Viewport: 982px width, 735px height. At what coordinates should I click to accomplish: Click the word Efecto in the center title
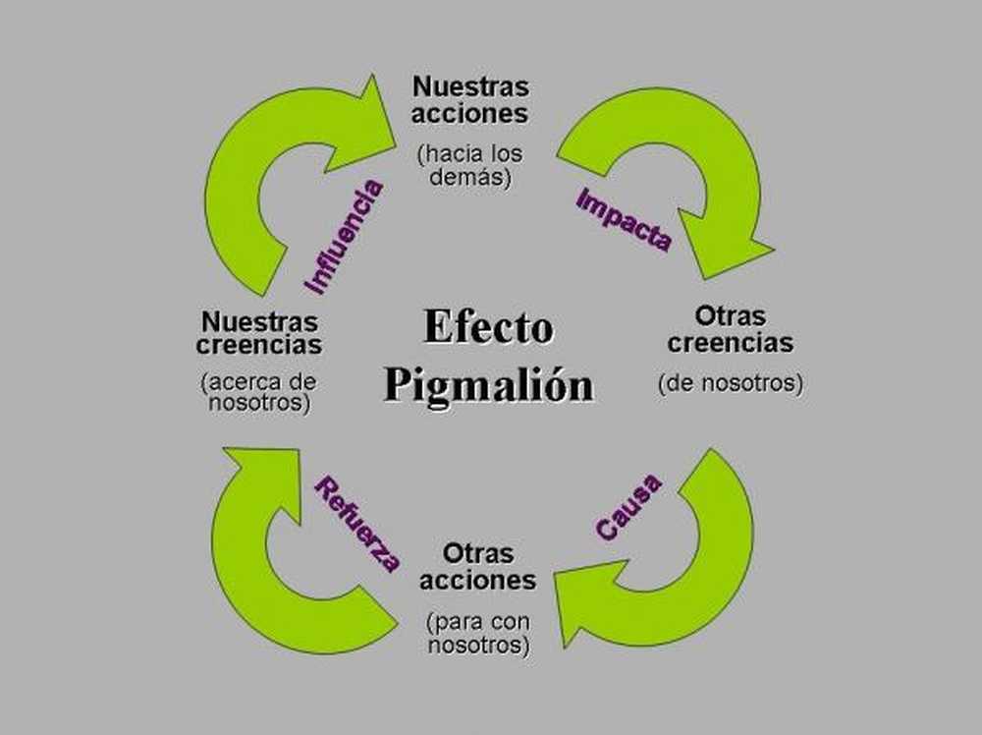click(x=488, y=327)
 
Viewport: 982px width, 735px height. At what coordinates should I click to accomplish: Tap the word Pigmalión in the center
click(x=488, y=383)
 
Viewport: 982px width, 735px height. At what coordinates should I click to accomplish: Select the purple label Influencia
click(x=344, y=236)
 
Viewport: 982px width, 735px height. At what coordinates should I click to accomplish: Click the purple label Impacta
click(x=624, y=219)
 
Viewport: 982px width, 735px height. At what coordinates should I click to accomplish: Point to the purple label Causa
click(x=628, y=505)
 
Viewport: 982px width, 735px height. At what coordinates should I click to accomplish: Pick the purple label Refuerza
click(x=356, y=524)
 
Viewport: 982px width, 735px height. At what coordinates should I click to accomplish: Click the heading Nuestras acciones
click(x=469, y=99)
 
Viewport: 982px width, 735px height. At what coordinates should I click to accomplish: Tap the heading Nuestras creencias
click(x=258, y=333)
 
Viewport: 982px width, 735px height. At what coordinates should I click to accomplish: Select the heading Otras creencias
click(x=730, y=329)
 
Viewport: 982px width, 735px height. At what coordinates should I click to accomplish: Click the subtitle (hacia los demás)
click(x=469, y=165)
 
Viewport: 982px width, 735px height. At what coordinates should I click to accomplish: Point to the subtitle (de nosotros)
click(x=730, y=383)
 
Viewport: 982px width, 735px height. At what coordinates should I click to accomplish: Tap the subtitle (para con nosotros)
click(x=477, y=634)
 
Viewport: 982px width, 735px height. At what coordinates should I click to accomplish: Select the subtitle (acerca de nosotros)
click(x=258, y=391)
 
